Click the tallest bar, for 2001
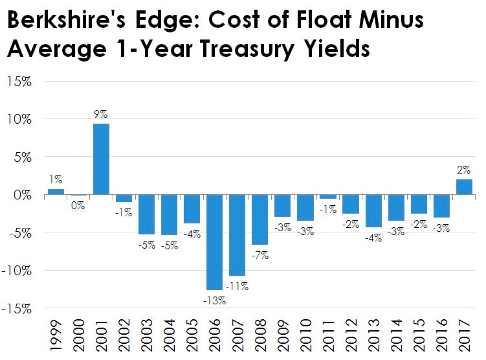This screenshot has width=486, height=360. pos(102,159)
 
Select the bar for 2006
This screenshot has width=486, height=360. pos(215,242)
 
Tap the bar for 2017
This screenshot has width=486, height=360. pos(464,187)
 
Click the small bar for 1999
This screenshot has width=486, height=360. pos(56,192)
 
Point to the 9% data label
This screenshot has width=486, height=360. pos(102,115)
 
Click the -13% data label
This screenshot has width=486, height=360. pos(214,300)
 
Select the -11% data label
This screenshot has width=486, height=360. pos(238,286)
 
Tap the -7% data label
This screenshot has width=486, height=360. pos(261,255)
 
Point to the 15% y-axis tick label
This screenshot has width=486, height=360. pos(20,82)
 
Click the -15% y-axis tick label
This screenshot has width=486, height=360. pos(18,309)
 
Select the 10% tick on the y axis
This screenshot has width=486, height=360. pos(20,120)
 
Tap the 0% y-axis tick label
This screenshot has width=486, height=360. pos(23,196)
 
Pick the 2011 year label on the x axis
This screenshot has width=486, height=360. pos(329,336)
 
